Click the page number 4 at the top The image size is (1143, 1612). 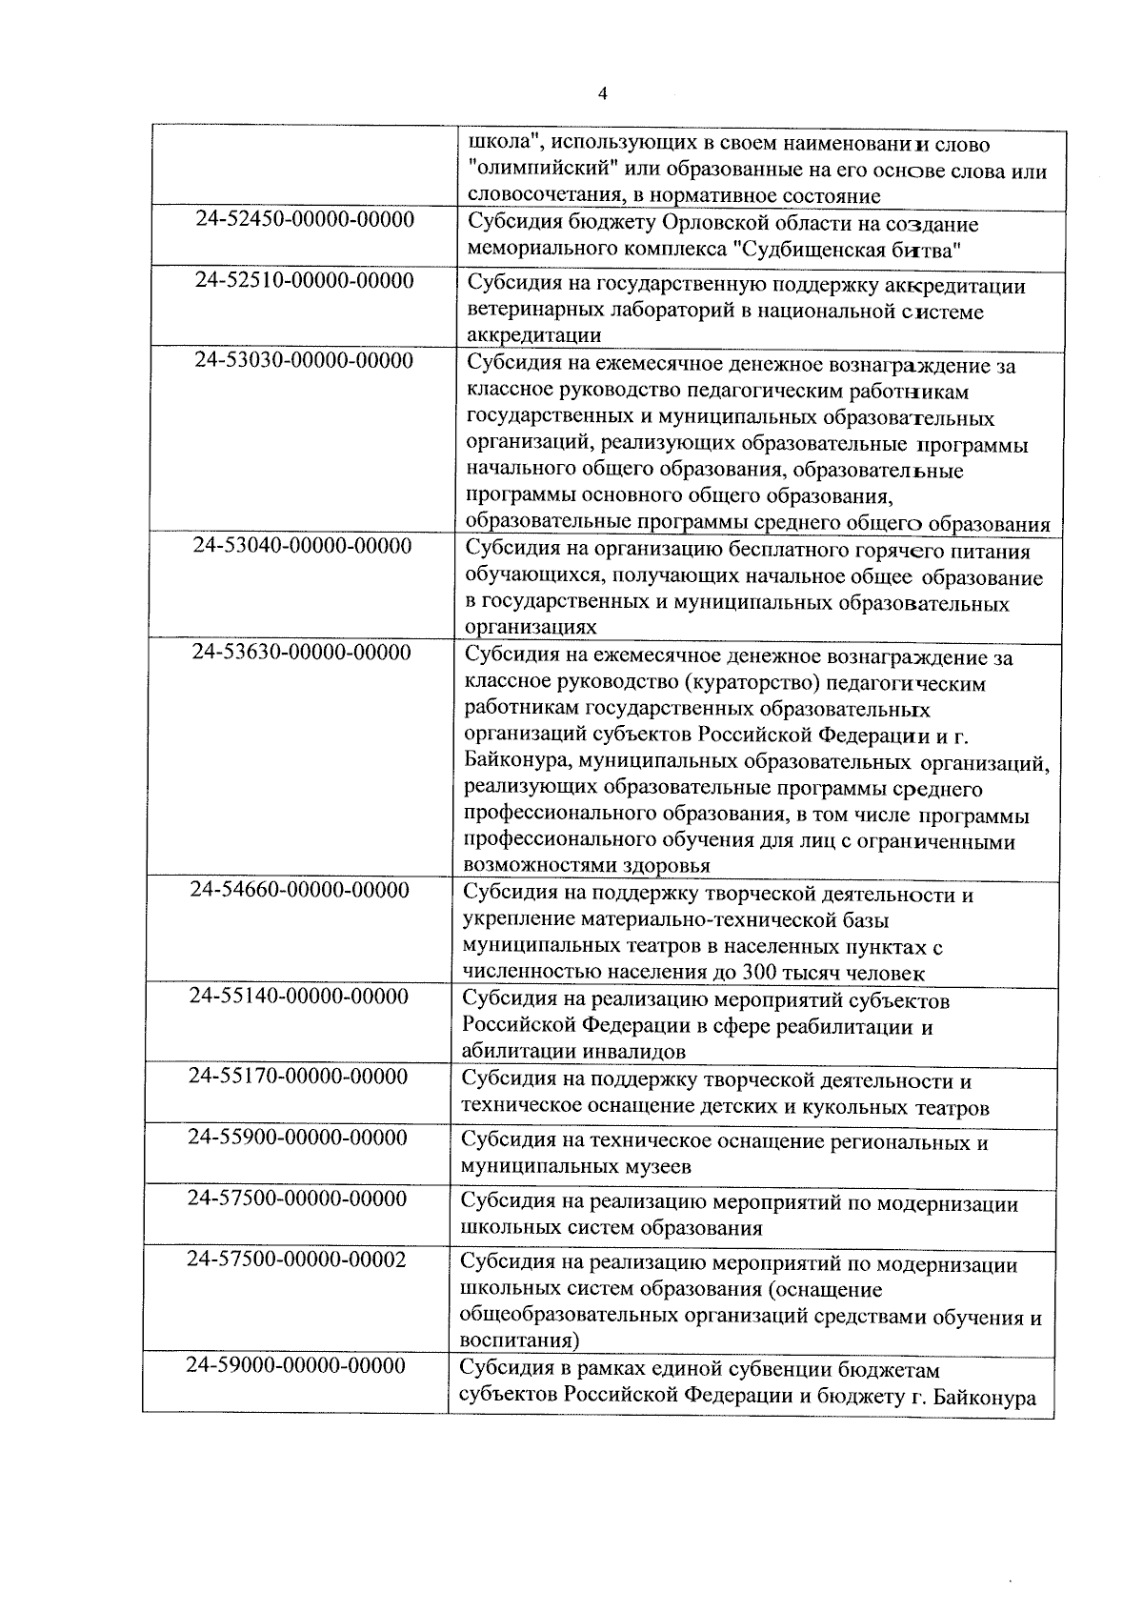(601, 93)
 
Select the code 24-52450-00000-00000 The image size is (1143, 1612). (305, 220)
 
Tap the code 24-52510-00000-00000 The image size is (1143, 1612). (305, 281)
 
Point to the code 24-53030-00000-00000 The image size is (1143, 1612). (304, 361)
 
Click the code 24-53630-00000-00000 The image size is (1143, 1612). (302, 653)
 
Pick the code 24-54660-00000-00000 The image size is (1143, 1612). (300, 890)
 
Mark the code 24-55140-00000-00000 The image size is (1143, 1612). (299, 997)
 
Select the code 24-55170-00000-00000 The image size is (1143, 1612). (298, 1077)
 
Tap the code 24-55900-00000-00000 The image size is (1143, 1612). (297, 1138)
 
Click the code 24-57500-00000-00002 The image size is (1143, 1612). (296, 1259)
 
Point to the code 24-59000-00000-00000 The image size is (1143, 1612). (296, 1365)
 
